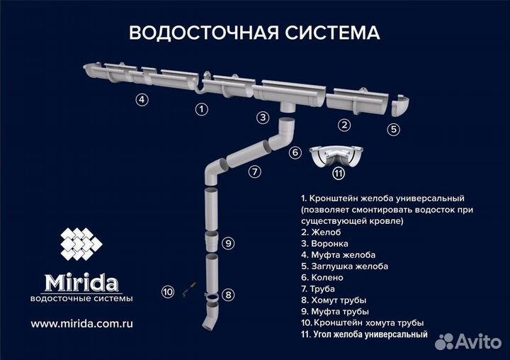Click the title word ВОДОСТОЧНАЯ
pos(186,33)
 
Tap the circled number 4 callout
pos(142,100)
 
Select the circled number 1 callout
pos(202,109)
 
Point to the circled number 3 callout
pos(263,117)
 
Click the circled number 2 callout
pos(345,125)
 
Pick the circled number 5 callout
pos(394,129)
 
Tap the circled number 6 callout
pos(295,152)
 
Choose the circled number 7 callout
pos(254,171)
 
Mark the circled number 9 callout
pos(227,243)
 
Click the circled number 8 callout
pos(227,294)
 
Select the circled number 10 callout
pos(167,291)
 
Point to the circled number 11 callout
pos(339,173)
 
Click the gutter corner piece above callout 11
pos(339,154)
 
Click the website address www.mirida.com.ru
pos(82,322)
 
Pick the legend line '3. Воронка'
pos(324,243)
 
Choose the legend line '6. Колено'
pos(323,277)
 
